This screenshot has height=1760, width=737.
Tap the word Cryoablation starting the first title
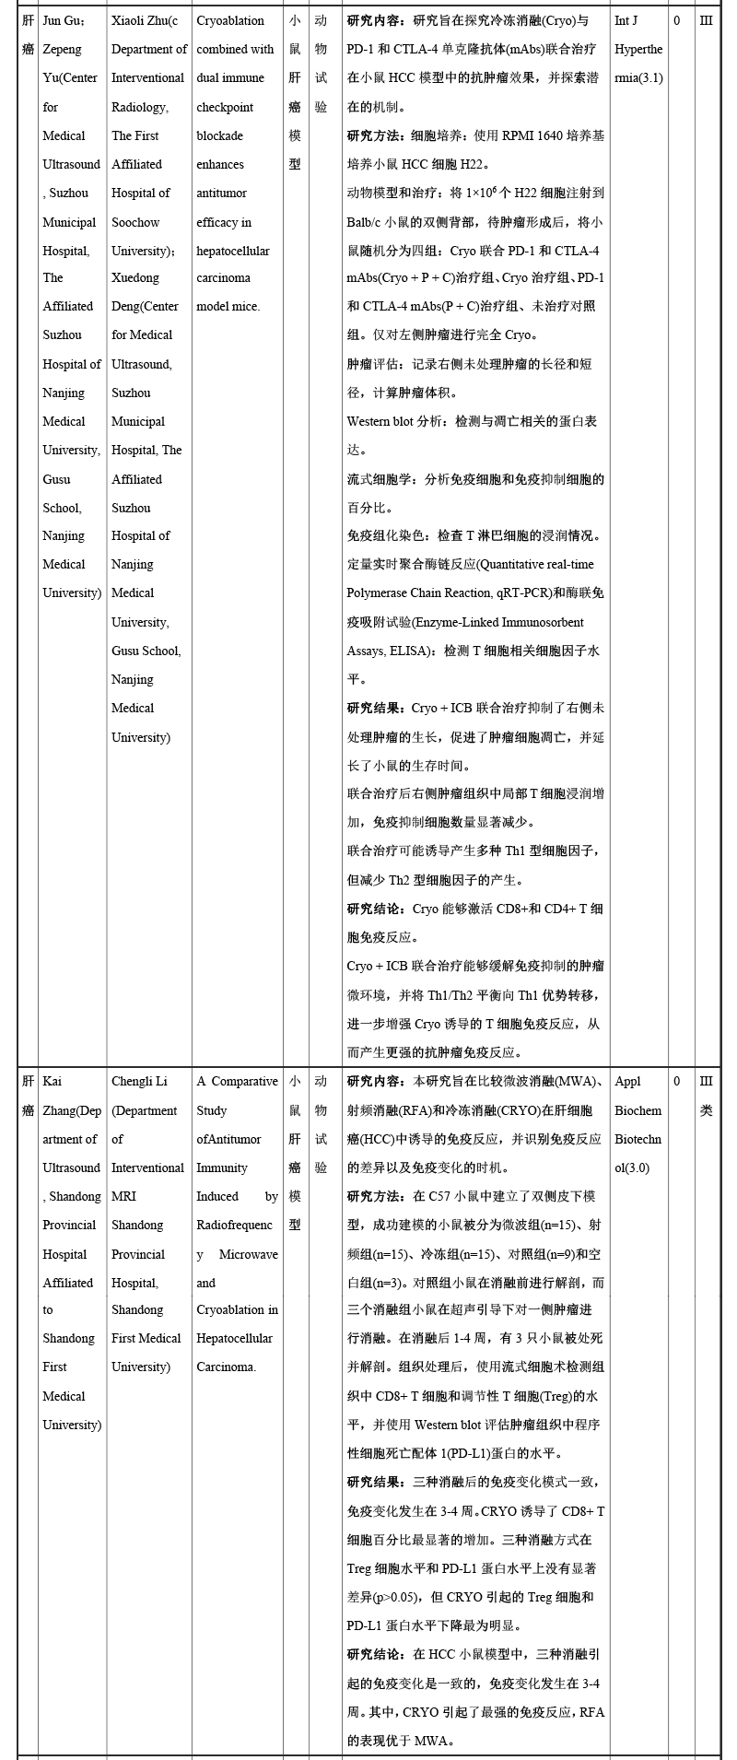click(x=230, y=20)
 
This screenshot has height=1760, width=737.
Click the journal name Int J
click(x=626, y=20)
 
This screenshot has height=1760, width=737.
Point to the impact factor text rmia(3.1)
click(x=638, y=78)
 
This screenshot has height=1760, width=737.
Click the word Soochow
click(x=135, y=222)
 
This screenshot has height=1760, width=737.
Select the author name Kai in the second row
click(x=53, y=1081)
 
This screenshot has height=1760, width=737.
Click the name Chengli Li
click(x=140, y=1081)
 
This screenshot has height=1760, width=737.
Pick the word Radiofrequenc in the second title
click(x=234, y=1225)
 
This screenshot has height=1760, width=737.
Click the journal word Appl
click(x=627, y=1081)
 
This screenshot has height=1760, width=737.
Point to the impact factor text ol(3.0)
click(x=632, y=1167)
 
